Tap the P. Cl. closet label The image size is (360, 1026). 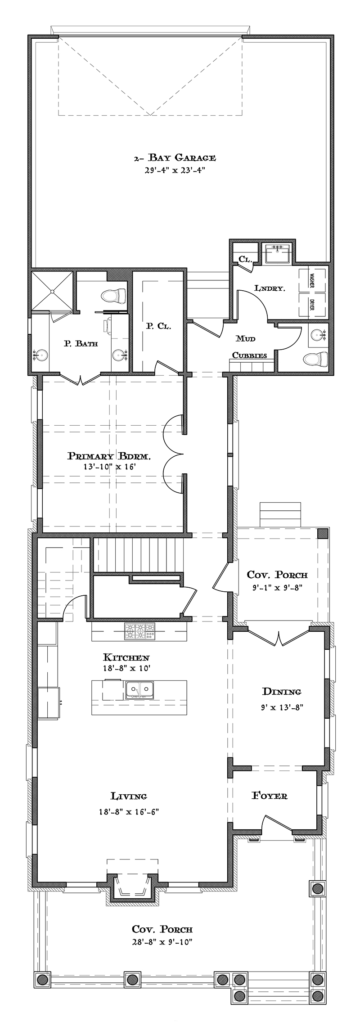pyautogui.click(x=157, y=326)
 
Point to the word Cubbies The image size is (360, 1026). pyautogui.click(x=250, y=355)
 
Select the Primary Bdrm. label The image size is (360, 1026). pyautogui.click(x=109, y=456)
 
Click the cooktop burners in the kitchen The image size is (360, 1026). pyautogui.click(x=139, y=631)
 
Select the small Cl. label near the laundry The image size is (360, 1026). pyautogui.click(x=244, y=259)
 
